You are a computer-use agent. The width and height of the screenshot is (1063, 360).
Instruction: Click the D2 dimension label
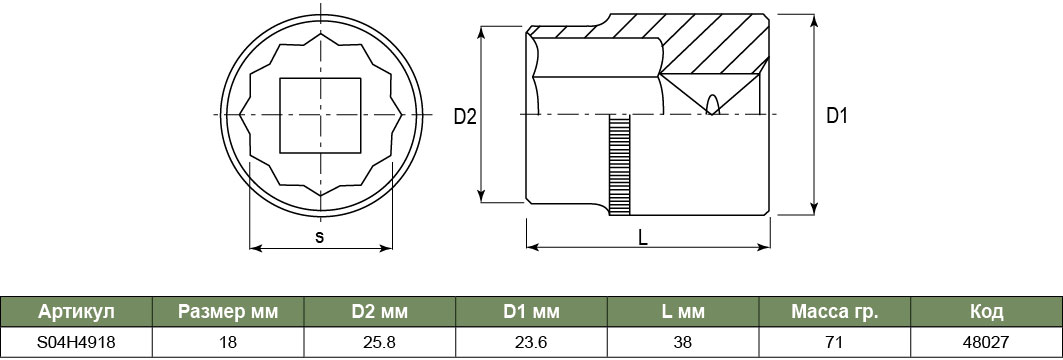[x=465, y=117]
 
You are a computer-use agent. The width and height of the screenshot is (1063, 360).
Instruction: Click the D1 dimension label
[x=837, y=116]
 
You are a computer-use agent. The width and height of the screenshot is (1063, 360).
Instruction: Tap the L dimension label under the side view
[x=643, y=237]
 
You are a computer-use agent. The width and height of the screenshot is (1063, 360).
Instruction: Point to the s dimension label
[x=320, y=237]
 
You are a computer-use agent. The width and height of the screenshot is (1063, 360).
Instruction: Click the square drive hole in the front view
[x=321, y=115]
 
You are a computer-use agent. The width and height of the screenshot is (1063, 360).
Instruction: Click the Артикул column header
[x=77, y=312]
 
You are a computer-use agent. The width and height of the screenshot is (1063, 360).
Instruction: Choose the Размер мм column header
[x=228, y=312]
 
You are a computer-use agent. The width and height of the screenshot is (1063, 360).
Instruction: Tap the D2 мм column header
[x=380, y=312]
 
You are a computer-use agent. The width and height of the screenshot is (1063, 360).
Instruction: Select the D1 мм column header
[x=532, y=312]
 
